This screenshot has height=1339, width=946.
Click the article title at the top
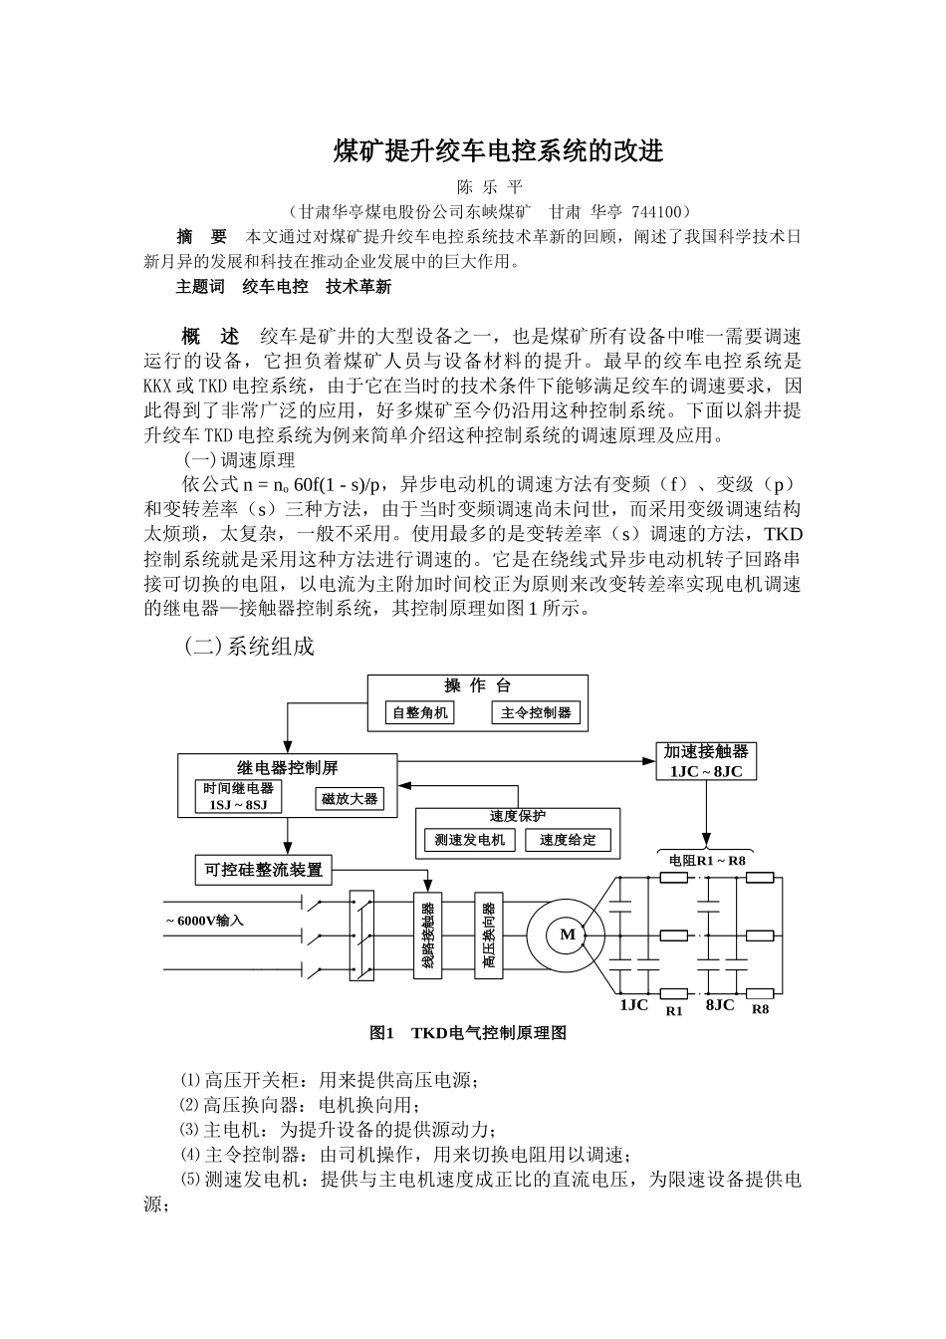tap(497, 151)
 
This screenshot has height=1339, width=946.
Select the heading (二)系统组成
tap(249, 647)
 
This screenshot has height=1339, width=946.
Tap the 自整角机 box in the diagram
tap(420, 713)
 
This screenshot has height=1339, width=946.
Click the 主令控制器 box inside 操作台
tap(536, 713)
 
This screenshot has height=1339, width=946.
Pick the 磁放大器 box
tap(350, 799)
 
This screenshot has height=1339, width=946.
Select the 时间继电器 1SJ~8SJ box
tap(239, 796)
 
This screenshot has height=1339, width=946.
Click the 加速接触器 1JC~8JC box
tap(706, 761)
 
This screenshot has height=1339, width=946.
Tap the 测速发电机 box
tap(470, 840)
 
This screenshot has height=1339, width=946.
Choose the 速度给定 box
tap(568, 840)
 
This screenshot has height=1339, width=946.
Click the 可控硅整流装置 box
tap(264, 870)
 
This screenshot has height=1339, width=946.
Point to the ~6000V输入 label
tap(204, 920)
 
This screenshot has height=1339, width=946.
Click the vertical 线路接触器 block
tap(427, 935)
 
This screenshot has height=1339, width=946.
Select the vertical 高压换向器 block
tap(489, 935)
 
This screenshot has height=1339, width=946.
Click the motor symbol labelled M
tap(567, 935)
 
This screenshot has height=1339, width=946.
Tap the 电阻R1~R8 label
tap(707, 860)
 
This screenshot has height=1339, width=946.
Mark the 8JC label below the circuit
tap(719, 1005)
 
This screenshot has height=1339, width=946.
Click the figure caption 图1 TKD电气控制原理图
tap(468, 1033)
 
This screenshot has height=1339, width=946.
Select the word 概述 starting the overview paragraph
tap(210, 336)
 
